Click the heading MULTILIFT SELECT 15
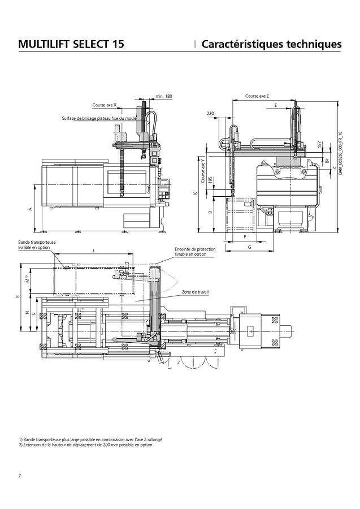point(71,44)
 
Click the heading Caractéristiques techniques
point(271,44)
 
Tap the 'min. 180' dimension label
point(164,97)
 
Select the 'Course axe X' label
point(105,105)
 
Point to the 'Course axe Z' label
point(257,96)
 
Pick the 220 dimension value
point(210,114)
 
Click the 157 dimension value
point(320,145)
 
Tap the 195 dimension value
point(210,181)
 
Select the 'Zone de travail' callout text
point(195,292)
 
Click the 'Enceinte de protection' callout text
point(190,252)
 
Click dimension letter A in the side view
point(30,209)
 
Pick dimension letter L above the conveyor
point(94,250)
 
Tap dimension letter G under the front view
point(249,248)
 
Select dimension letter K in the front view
point(195,193)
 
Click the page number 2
point(20,475)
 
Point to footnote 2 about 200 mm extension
point(85,445)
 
